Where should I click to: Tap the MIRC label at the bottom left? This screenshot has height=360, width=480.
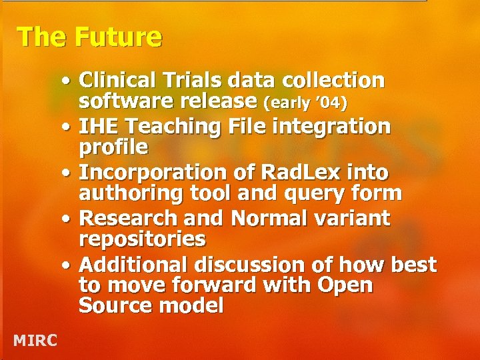(35, 341)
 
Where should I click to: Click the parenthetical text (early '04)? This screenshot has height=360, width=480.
(306, 103)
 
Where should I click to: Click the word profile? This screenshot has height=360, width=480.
(113, 145)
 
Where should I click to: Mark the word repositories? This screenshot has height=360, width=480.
(142, 238)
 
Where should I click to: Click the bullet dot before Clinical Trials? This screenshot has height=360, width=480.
(69, 82)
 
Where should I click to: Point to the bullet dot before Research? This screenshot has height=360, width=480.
(69, 219)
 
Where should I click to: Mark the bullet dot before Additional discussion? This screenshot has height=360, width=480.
(69, 265)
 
